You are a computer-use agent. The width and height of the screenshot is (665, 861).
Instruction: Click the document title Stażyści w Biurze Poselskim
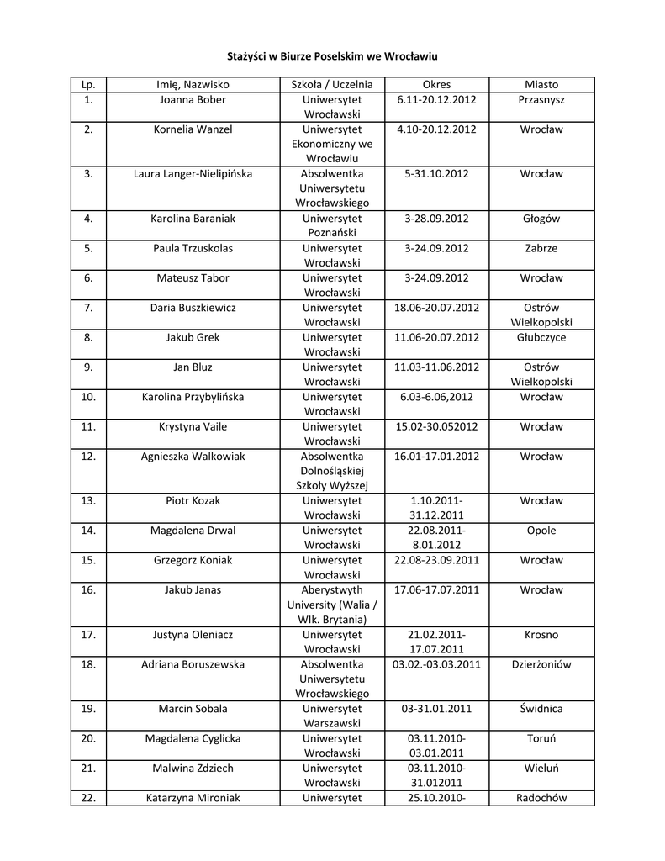[332, 55]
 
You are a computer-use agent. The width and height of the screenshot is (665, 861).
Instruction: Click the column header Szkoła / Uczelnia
[331, 84]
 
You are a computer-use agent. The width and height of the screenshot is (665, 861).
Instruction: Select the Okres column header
[436, 84]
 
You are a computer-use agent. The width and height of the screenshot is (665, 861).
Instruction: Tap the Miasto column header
[541, 84]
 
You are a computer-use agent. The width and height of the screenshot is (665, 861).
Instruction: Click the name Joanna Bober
[193, 99]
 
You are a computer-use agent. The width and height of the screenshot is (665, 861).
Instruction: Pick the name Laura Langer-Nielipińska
[193, 173]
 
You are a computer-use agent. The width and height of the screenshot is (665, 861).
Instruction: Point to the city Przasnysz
[541, 99]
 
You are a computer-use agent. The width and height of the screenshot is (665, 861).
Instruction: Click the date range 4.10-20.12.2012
[436, 129]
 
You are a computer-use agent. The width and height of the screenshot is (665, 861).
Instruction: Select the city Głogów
[541, 219]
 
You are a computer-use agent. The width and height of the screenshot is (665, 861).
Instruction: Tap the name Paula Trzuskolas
[193, 248]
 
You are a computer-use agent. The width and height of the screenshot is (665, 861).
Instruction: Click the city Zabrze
[541, 248]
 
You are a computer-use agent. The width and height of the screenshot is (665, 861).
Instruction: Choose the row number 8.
[88, 337]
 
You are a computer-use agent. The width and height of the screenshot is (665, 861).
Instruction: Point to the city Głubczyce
[541, 337]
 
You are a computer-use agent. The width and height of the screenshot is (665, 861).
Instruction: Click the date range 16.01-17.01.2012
[436, 457]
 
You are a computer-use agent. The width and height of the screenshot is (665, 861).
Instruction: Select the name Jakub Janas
[193, 589]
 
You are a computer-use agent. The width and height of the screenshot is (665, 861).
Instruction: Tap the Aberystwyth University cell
[331, 605]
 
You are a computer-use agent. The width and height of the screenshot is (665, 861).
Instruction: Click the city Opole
[541, 531]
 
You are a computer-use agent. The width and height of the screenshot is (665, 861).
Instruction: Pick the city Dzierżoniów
[541, 664]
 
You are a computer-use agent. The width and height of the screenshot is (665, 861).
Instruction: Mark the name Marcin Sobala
[193, 709]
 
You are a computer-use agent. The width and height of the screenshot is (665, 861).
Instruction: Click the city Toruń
[541, 738]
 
